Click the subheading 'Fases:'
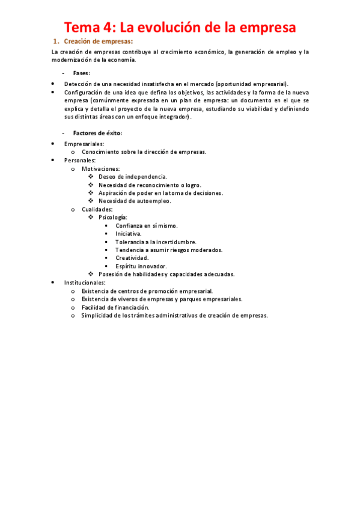click(82, 73)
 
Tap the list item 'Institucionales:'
click(85, 282)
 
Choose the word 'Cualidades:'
click(97, 209)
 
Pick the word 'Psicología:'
click(113, 217)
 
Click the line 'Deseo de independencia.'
click(133, 177)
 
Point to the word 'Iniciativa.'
click(129, 233)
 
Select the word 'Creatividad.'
click(132, 257)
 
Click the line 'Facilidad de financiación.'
click(120, 307)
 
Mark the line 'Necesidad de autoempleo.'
click(135, 201)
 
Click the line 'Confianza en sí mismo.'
click(147, 226)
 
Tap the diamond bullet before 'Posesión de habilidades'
click(91, 274)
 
